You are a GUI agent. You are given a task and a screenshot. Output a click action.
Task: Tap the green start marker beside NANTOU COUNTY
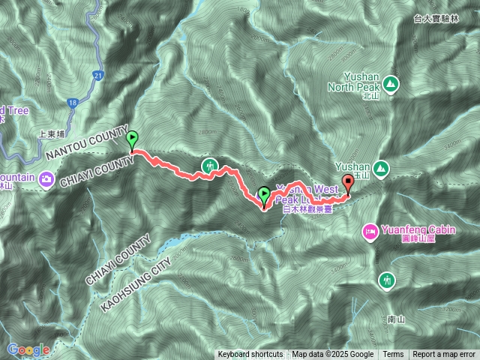133,139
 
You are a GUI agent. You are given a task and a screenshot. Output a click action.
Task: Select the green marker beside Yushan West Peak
264,195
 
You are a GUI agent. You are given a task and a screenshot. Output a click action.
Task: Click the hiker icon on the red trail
209,165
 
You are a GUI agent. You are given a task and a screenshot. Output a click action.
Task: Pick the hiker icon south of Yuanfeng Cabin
386,280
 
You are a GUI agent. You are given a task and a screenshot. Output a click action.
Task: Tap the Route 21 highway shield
99,76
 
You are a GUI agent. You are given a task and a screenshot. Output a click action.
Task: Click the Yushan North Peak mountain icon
390,82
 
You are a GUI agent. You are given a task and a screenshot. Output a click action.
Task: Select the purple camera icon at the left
46,178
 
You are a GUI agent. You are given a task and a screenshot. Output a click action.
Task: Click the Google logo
28,349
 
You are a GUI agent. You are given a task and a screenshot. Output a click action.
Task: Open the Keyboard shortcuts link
250,355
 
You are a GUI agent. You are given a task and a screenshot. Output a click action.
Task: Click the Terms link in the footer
393,355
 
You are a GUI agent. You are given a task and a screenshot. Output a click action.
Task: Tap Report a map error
444,355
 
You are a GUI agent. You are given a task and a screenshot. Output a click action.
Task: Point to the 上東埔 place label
52,136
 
